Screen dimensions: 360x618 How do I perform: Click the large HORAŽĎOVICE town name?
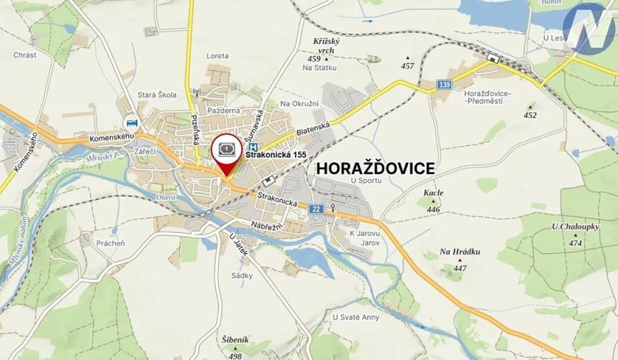coord(371,168)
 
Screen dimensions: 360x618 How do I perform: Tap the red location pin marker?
coord(226,154)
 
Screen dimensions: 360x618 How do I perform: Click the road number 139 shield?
coord(444,84)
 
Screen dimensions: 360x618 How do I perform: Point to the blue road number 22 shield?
coord(316,208)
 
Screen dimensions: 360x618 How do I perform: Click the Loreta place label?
coord(218,56)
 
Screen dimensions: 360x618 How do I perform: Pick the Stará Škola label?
coord(157,95)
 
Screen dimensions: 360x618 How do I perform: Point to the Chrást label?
coord(25,55)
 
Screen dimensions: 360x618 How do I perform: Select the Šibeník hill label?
coord(235,340)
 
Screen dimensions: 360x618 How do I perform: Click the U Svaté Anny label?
coord(356,317)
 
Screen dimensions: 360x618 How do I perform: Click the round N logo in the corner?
coord(590,28)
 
